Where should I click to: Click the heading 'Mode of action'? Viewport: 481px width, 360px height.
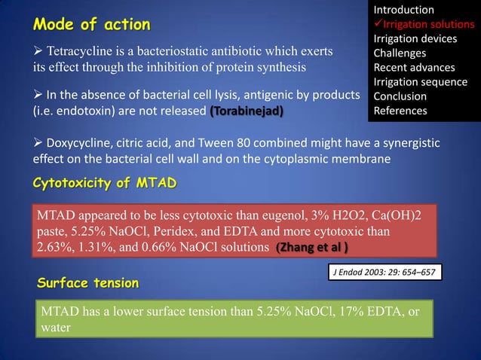(x=90, y=24)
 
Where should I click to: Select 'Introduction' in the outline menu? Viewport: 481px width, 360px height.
(x=404, y=10)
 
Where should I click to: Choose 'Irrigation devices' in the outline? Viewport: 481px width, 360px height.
(x=415, y=38)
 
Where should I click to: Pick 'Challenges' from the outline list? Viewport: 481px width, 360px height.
(x=400, y=53)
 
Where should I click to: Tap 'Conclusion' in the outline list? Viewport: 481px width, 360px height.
(x=400, y=96)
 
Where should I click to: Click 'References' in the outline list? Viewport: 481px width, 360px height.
(x=400, y=111)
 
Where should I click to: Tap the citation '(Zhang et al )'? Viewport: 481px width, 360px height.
(x=312, y=248)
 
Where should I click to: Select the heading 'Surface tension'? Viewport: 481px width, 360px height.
(x=88, y=283)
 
